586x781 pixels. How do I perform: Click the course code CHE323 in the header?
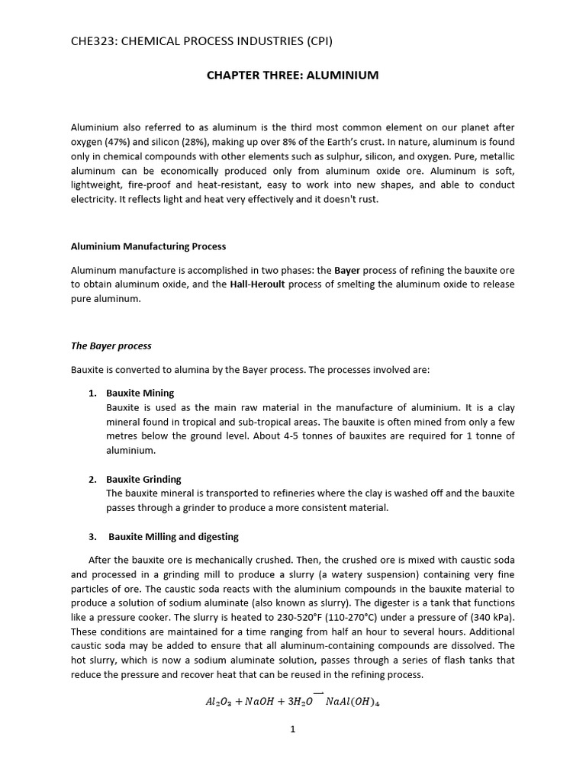click(x=94, y=41)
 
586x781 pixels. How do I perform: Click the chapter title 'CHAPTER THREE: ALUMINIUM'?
click(x=292, y=76)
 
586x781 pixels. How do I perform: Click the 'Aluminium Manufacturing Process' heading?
click(x=148, y=246)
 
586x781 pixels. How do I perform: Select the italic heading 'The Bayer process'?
click(x=111, y=346)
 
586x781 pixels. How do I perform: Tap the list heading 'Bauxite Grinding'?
click(x=143, y=480)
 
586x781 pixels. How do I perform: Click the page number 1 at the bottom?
click(x=292, y=730)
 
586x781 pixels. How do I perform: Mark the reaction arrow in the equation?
click(x=317, y=694)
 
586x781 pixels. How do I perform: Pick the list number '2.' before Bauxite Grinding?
click(x=92, y=480)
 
